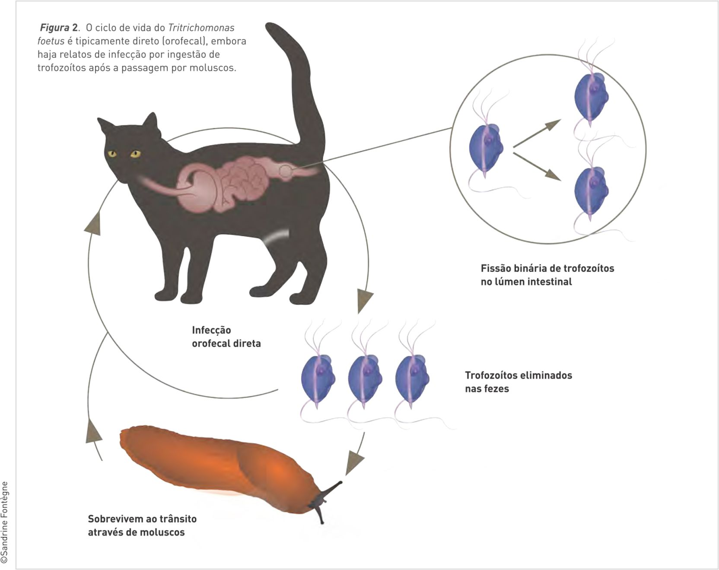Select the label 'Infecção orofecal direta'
226,337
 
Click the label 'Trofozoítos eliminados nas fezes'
518,382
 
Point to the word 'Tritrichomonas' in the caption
201,28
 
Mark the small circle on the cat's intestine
285,172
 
